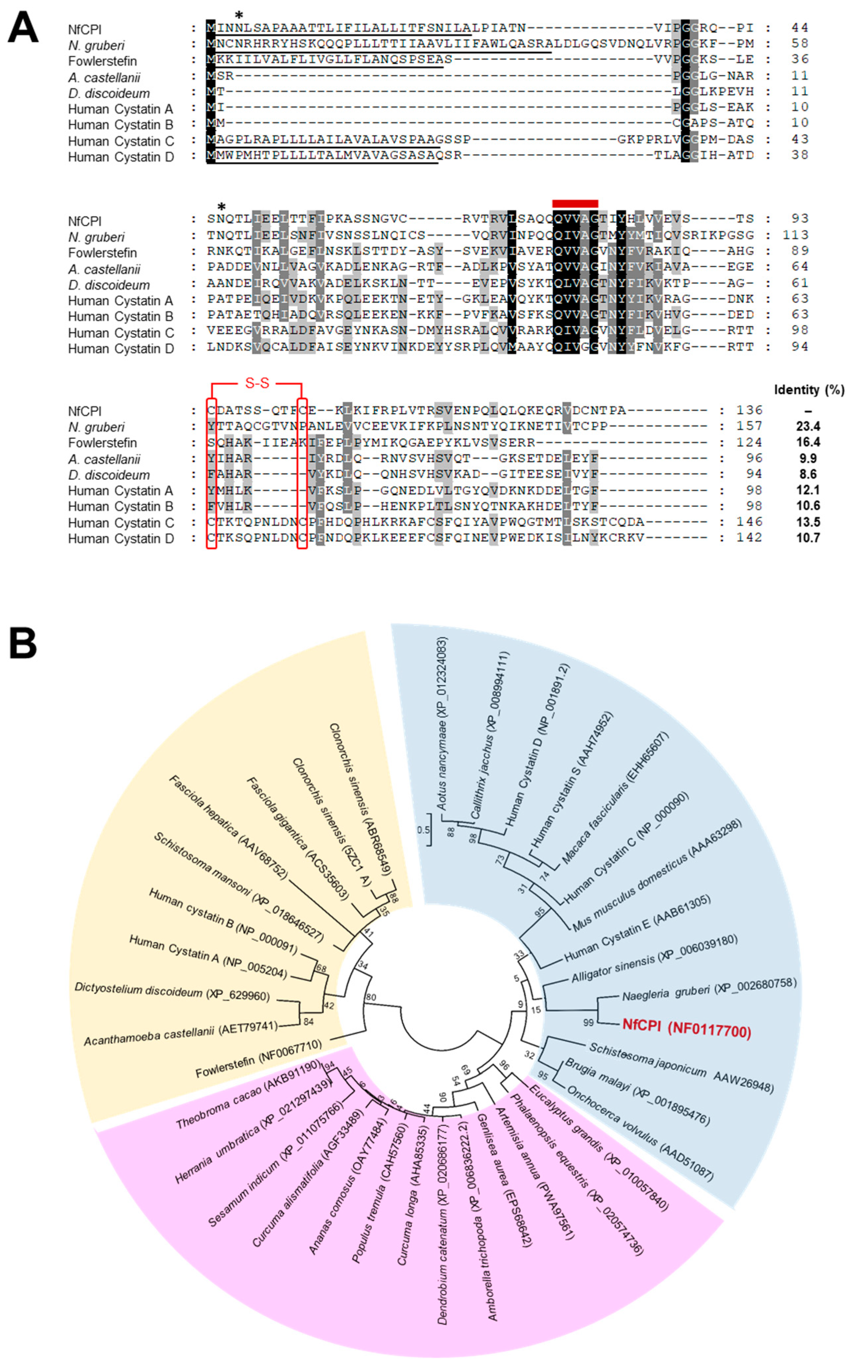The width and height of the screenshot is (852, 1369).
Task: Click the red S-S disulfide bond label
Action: click(x=257, y=383)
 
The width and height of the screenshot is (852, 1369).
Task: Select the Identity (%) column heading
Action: click(x=809, y=389)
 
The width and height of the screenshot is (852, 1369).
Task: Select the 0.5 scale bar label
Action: click(x=423, y=830)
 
